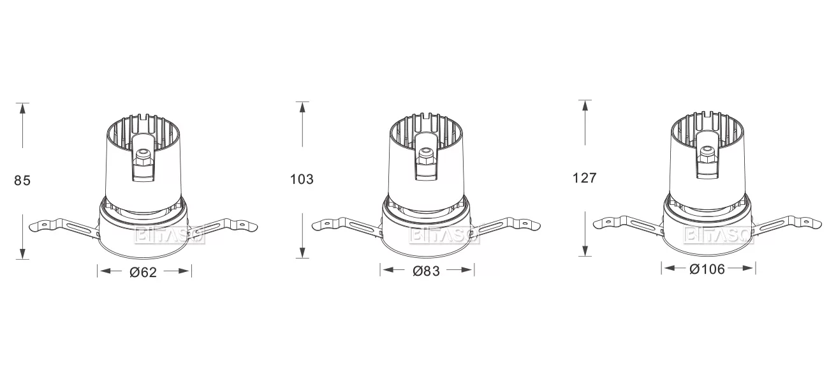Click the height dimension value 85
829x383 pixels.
click(22, 181)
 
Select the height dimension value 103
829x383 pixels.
click(302, 179)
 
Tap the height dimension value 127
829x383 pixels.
click(585, 178)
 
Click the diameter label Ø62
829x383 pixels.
click(143, 272)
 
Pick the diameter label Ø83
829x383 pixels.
click(427, 271)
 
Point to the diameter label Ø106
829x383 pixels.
click(707, 269)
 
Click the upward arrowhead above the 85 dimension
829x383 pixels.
click(22, 108)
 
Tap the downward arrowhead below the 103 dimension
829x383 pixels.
click(302, 252)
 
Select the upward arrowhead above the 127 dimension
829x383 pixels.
click(585, 105)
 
